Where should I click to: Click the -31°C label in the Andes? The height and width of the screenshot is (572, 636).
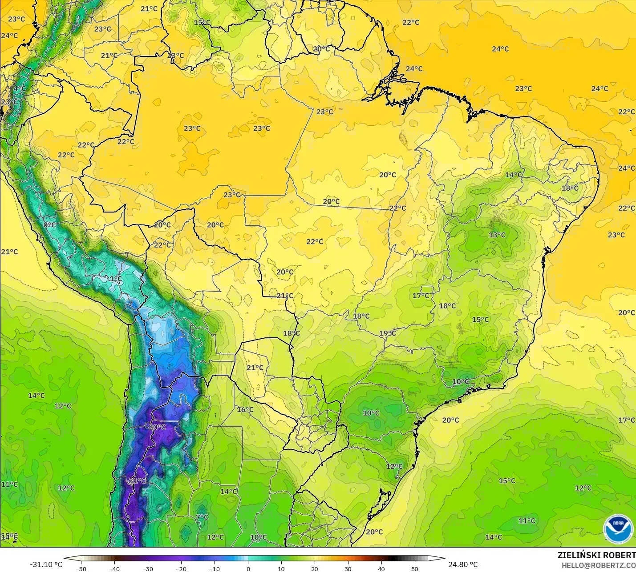[x=136, y=480]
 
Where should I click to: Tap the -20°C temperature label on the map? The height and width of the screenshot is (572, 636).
[x=156, y=427]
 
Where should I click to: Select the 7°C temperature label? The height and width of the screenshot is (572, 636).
[x=202, y=517]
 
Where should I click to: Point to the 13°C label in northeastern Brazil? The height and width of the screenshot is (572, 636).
[x=497, y=235]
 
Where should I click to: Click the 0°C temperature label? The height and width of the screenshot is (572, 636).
[x=50, y=225]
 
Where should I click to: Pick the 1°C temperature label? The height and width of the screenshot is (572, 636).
[x=116, y=279]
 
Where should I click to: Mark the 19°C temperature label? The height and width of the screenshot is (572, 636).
[x=388, y=333]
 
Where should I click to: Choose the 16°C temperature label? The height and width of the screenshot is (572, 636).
[x=245, y=409]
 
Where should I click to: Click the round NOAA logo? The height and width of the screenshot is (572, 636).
[x=618, y=529]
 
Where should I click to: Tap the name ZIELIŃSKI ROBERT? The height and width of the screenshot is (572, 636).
[x=596, y=555]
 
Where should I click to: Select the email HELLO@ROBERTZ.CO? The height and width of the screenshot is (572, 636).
[x=598, y=565]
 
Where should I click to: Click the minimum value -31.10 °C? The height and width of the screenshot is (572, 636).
[x=46, y=564]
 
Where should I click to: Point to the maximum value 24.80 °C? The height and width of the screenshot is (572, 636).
[x=463, y=564]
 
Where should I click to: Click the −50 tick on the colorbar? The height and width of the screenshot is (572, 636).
[x=81, y=568]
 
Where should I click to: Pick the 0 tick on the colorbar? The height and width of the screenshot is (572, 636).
[x=248, y=568]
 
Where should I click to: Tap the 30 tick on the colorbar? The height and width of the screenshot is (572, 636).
[x=348, y=568]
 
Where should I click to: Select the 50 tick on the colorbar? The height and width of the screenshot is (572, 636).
[x=415, y=568]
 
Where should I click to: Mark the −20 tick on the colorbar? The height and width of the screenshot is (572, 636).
[x=181, y=568]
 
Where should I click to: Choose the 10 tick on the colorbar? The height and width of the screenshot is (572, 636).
[x=281, y=568]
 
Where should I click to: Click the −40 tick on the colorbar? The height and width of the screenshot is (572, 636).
[x=114, y=568]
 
